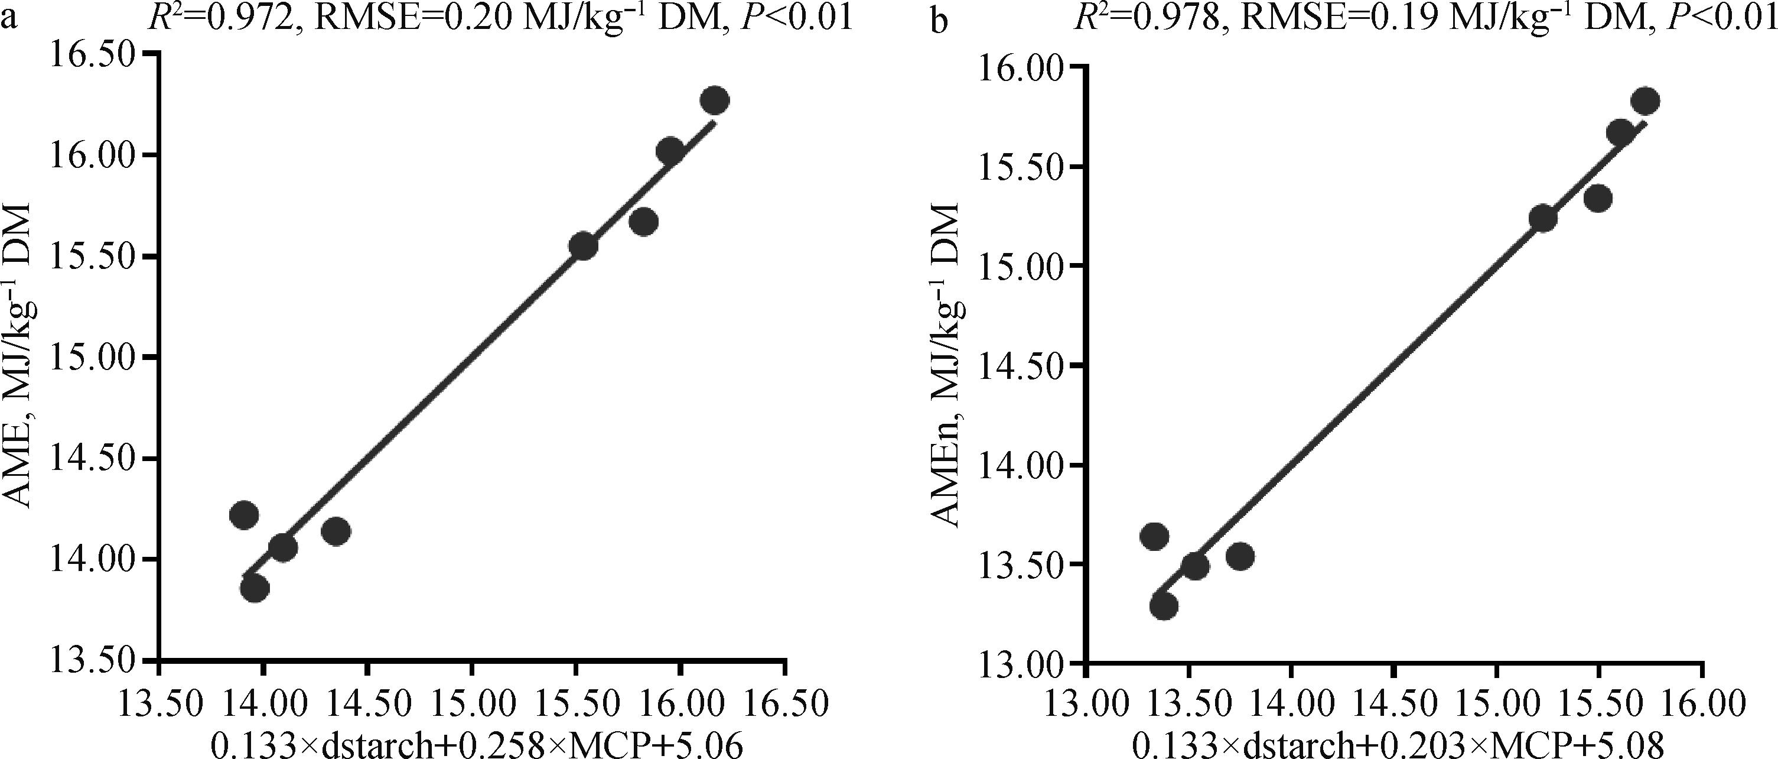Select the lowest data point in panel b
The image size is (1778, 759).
[x=1164, y=606]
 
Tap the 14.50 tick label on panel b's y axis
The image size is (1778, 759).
[x=1021, y=366]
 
